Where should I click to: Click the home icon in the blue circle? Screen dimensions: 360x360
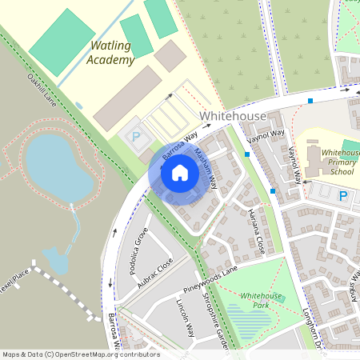[x=180, y=172]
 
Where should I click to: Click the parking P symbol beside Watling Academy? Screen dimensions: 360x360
[x=135, y=137]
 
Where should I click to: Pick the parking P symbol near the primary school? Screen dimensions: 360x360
[x=343, y=195]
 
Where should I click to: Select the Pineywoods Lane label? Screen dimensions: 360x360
[x=210, y=274]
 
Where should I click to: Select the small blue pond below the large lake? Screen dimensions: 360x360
[x=54, y=259]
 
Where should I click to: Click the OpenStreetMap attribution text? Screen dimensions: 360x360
[x=80, y=354]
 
